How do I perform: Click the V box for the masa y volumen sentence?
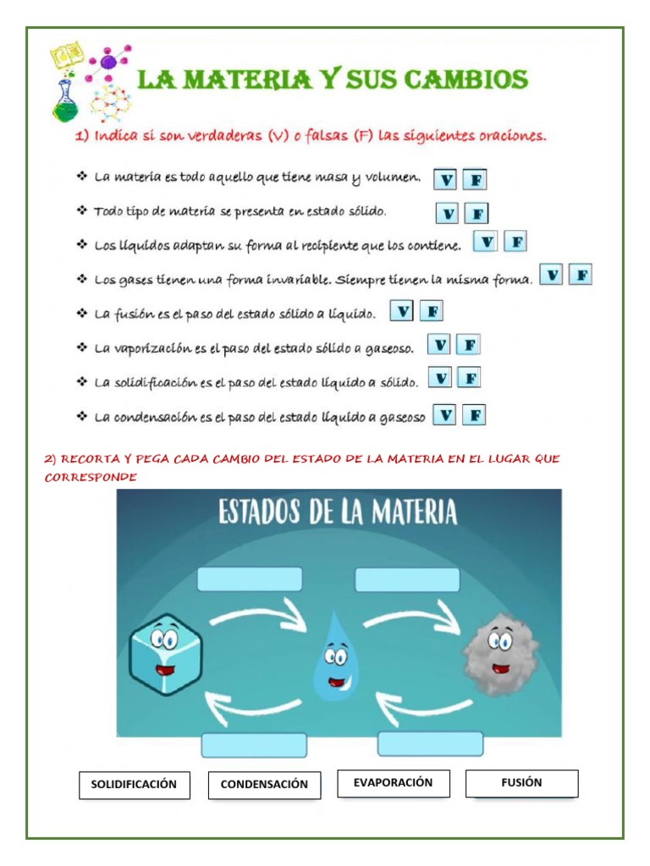pyautogui.click(x=446, y=180)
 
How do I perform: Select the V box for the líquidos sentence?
pyautogui.click(x=485, y=243)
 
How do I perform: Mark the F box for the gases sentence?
pyautogui.click(x=581, y=275)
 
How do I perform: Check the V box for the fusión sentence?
pyautogui.click(x=402, y=312)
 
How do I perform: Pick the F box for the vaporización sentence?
pyautogui.click(x=469, y=345)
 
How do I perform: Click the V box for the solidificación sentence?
pyautogui.click(x=440, y=378)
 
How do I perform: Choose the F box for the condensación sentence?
pyautogui.click(x=475, y=415)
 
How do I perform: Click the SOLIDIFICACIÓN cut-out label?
pyautogui.click(x=134, y=785)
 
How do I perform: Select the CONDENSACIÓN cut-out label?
pyautogui.click(x=264, y=785)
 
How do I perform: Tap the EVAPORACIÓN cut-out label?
pyautogui.click(x=393, y=783)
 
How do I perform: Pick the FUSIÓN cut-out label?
pyautogui.click(x=521, y=783)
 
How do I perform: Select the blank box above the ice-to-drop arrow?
pyautogui.click(x=250, y=579)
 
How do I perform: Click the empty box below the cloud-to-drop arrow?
pyautogui.click(x=430, y=744)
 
